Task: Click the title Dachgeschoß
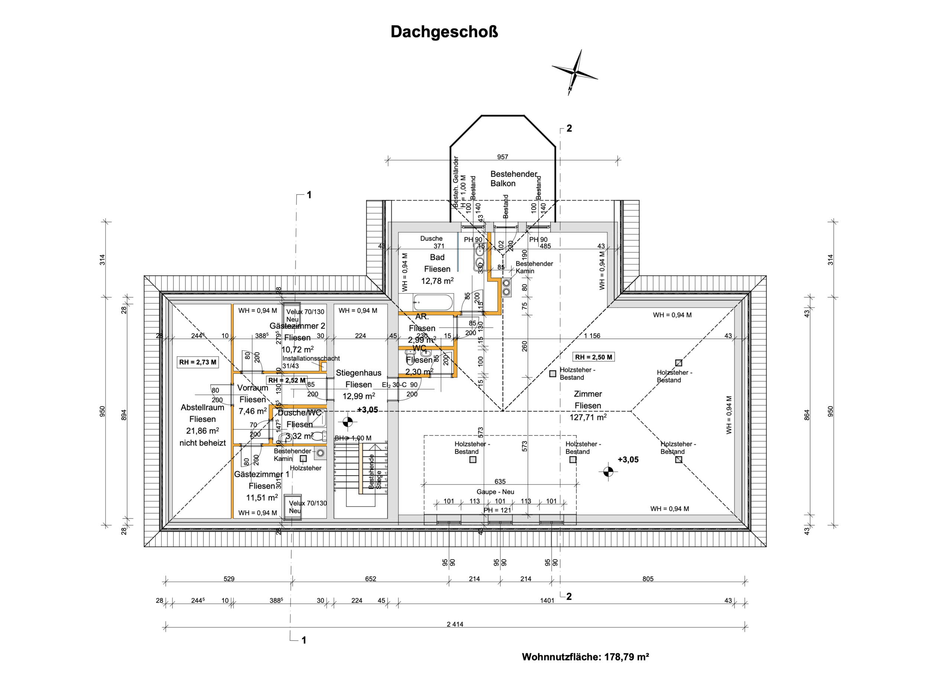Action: [x=444, y=32]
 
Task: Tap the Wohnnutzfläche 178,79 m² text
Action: [x=585, y=657]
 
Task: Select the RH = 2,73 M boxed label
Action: [x=198, y=362]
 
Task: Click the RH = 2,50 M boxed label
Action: [x=593, y=357]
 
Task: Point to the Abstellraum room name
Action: [x=202, y=407]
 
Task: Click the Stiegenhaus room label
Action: [x=358, y=373]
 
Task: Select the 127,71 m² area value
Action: [x=587, y=418]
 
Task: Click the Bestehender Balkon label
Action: [x=513, y=179]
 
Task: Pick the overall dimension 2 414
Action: [x=455, y=624]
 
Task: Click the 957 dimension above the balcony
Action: [x=502, y=157]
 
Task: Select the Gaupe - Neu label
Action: [x=495, y=492]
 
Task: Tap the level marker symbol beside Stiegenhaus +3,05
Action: [x=348, y=422]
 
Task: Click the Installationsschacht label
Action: [x=311, y=358]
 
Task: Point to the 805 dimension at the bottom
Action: [x=648, y=579]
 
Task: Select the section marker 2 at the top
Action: [x=569, y=128]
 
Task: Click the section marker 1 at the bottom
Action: [x=304, y=640]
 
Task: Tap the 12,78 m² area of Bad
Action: [x=437, y=281]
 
